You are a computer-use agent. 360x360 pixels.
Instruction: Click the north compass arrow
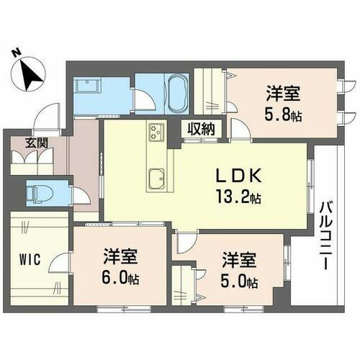click(30, 72)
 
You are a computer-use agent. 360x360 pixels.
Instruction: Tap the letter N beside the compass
click(17, 53)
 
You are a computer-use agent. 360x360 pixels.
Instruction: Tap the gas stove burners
click(156, 132)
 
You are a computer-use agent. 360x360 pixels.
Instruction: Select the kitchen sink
click(156, 176)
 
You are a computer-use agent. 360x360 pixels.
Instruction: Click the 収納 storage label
click(201, 129)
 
